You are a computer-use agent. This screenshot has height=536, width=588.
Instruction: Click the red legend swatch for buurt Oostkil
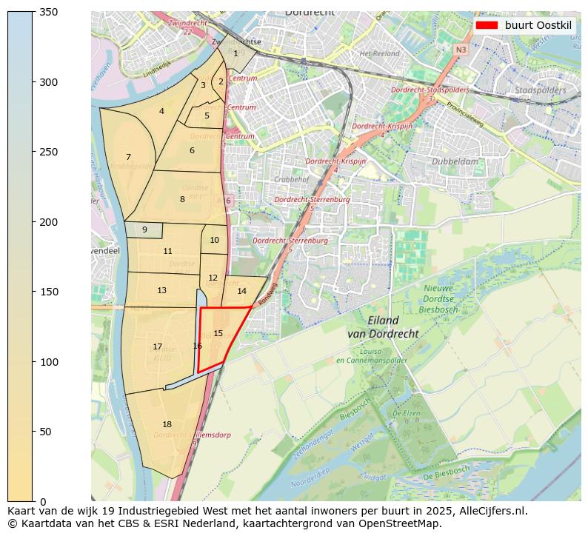click(x=487, y=25)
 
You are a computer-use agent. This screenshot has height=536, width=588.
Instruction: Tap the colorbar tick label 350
click(x=49, y=12)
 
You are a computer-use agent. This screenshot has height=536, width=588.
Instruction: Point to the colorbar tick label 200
click(x=49, y=222)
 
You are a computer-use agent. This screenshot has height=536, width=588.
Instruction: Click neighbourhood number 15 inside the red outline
click(x=218, y=333)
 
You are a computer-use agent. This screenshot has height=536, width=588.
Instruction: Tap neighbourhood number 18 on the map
click(x=167, y=424)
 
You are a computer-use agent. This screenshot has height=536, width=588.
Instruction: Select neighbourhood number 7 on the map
click(x=128, y=157)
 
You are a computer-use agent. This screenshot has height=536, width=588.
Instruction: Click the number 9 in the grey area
click(x=144, y=230)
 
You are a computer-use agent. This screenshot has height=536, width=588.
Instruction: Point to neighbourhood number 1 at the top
click(x=235, y=53)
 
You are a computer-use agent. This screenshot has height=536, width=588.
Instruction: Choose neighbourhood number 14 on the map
click(x=241, y=291)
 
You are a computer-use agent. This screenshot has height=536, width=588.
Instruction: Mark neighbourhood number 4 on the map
click(x=161, y=112)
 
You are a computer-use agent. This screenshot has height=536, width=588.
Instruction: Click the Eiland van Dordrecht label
click(x=383, y=327)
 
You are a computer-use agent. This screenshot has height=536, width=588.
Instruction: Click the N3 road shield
click(x=461, y=50)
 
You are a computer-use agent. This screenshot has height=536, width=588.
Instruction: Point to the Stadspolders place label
click(x=539, y=90)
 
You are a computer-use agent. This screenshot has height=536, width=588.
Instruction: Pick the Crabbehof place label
click(x=290, y=179)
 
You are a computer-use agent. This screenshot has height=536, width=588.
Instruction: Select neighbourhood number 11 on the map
click(x=167, y=251)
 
